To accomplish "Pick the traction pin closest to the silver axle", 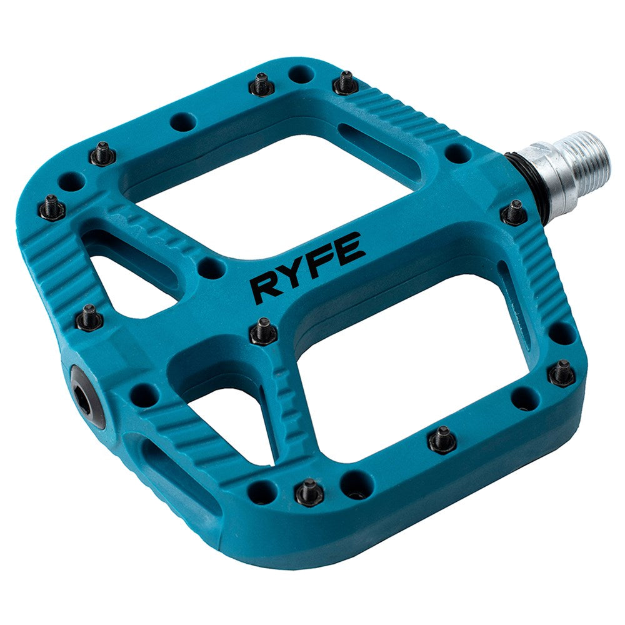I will click(514, 212).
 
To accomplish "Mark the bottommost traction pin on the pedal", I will click(308, 491).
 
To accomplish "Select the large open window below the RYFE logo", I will click(400, 369).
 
